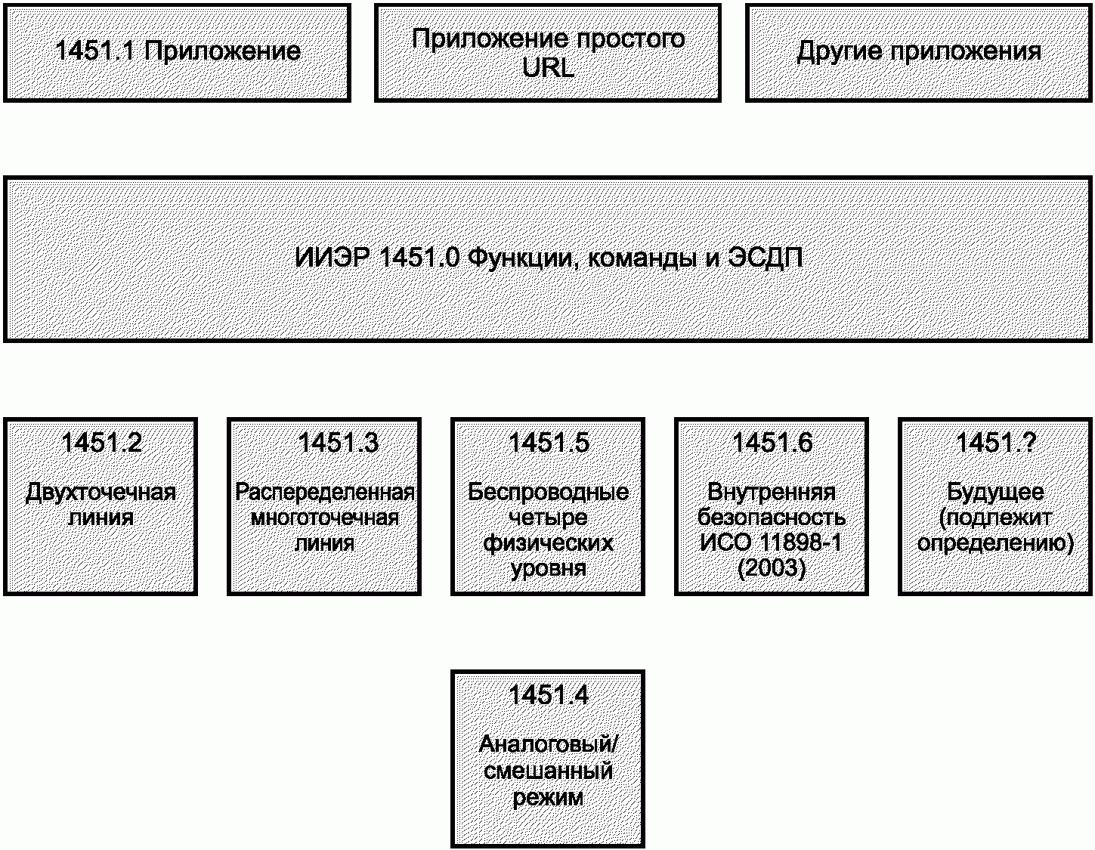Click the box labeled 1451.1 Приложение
click(x=177, y=53)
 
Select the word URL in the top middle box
click(x=548, y=67)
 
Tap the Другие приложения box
click(x=919, y=53)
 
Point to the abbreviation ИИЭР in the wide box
click(x=332, y=258)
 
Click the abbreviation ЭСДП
click(x=766, y=258)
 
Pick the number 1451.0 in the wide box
click(x=419, y=258)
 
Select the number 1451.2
click(x=101, y=443)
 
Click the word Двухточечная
click(x=101, y=493)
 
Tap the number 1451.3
click(x=338, y=443)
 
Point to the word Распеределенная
click(x=324, y=493)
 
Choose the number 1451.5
click(x=549, y=443)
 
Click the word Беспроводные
click(x=549, y=493)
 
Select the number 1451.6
click(x=772, y=443)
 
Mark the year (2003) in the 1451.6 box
click(x=772, y=568)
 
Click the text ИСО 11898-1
click(x=772, y=542)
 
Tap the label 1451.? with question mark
click(x=995, y=443)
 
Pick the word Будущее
click(x=995, y=493)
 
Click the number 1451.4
click(x=549, y=695)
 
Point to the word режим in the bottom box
click(x=548, y=798)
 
